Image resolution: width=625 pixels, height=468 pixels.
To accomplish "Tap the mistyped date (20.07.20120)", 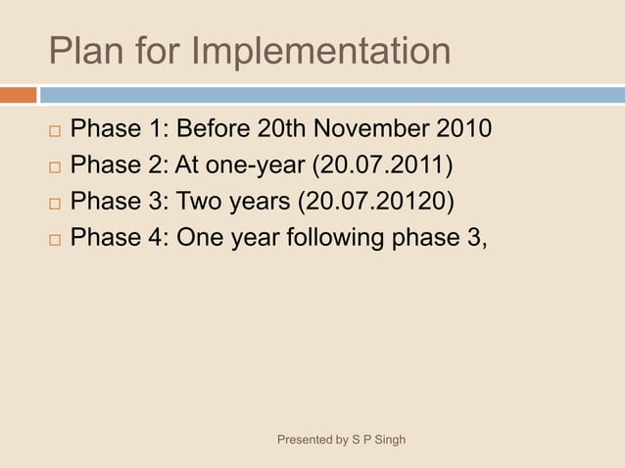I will click(x=381, y=202).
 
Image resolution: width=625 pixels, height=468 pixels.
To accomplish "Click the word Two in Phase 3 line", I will click(x=198, y=202).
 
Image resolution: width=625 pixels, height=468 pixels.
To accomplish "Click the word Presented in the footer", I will click(x=306, y=440).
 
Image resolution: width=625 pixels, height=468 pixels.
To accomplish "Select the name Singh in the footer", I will click(x=387, y=440).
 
